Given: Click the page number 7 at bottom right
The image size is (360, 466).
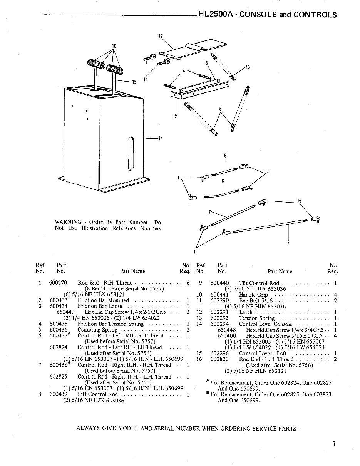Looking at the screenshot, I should (334, 444).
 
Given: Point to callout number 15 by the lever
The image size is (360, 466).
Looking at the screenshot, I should (134, 82).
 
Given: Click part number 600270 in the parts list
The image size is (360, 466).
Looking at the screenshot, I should (58, 283).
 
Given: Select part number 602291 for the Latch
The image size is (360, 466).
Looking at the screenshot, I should (219, 312).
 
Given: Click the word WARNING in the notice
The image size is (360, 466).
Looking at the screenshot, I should (68, 222).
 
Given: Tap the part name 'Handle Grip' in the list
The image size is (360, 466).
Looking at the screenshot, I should (253, 295).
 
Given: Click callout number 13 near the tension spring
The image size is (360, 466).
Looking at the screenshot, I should (248, 67).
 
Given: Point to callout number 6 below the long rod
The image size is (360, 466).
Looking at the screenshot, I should (288, 243).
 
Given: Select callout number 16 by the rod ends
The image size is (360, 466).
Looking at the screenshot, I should (299, 201).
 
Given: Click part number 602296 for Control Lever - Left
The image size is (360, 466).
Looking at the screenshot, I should (219, 353).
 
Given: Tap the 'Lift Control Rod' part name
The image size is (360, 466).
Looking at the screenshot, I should (97, 394).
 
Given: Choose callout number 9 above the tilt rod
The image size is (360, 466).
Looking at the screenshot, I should (225, 156).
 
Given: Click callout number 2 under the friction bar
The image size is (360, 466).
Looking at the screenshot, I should (175, 117).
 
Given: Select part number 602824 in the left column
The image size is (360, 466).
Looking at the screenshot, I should (58, 347).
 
